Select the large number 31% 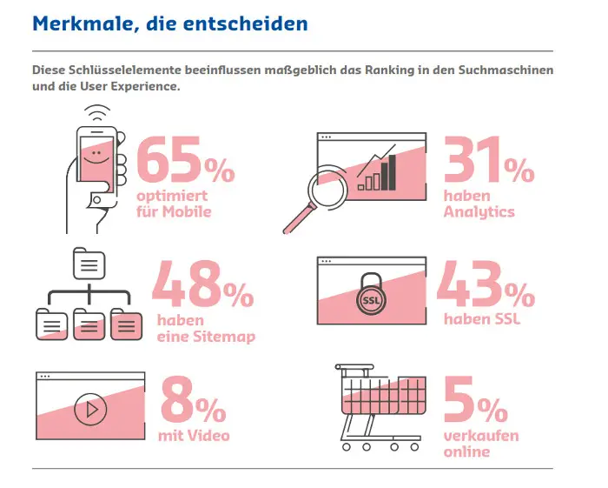[489, 162]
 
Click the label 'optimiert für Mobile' [173, 204]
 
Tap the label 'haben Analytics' [479, 204]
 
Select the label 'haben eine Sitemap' [205, 329]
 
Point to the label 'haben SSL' [481, 319]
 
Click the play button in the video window [89, 409]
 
